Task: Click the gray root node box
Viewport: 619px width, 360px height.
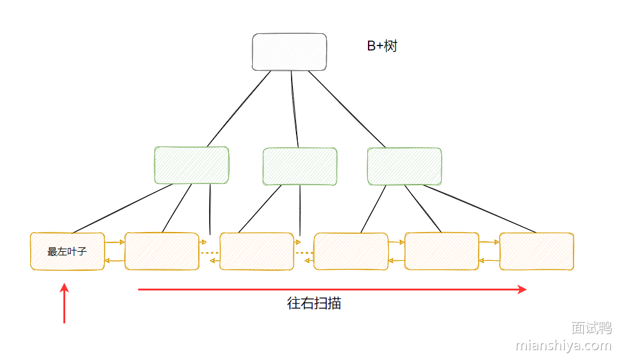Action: [289, 52]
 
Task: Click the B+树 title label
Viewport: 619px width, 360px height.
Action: [382, 46]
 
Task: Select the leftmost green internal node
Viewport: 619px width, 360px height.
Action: [191, 166]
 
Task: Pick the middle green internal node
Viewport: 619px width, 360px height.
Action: [300, 166]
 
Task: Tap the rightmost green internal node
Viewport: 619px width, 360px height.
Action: [404, 166]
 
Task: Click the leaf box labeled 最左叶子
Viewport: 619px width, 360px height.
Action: [67, 251]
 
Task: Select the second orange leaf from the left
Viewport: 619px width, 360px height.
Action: [162, 251]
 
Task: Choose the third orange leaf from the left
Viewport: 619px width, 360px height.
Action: [257, 251]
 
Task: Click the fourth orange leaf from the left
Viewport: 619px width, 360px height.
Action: [351, 251]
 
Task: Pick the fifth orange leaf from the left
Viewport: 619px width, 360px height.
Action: [441, 251]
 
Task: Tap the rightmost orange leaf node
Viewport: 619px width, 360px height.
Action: [536, 251]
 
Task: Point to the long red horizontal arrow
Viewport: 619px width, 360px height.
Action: [332, 289]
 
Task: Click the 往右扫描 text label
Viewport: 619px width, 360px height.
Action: [314, 303]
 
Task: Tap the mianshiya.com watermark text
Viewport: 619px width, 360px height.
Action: [563, 346]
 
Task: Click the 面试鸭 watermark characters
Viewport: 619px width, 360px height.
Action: [591, 327]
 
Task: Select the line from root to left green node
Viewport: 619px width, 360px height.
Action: [239, 109]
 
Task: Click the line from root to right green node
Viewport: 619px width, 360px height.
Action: [346, 109]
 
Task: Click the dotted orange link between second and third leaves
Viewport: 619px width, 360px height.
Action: [210, 253]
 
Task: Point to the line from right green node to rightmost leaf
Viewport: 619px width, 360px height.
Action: [480, 209]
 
